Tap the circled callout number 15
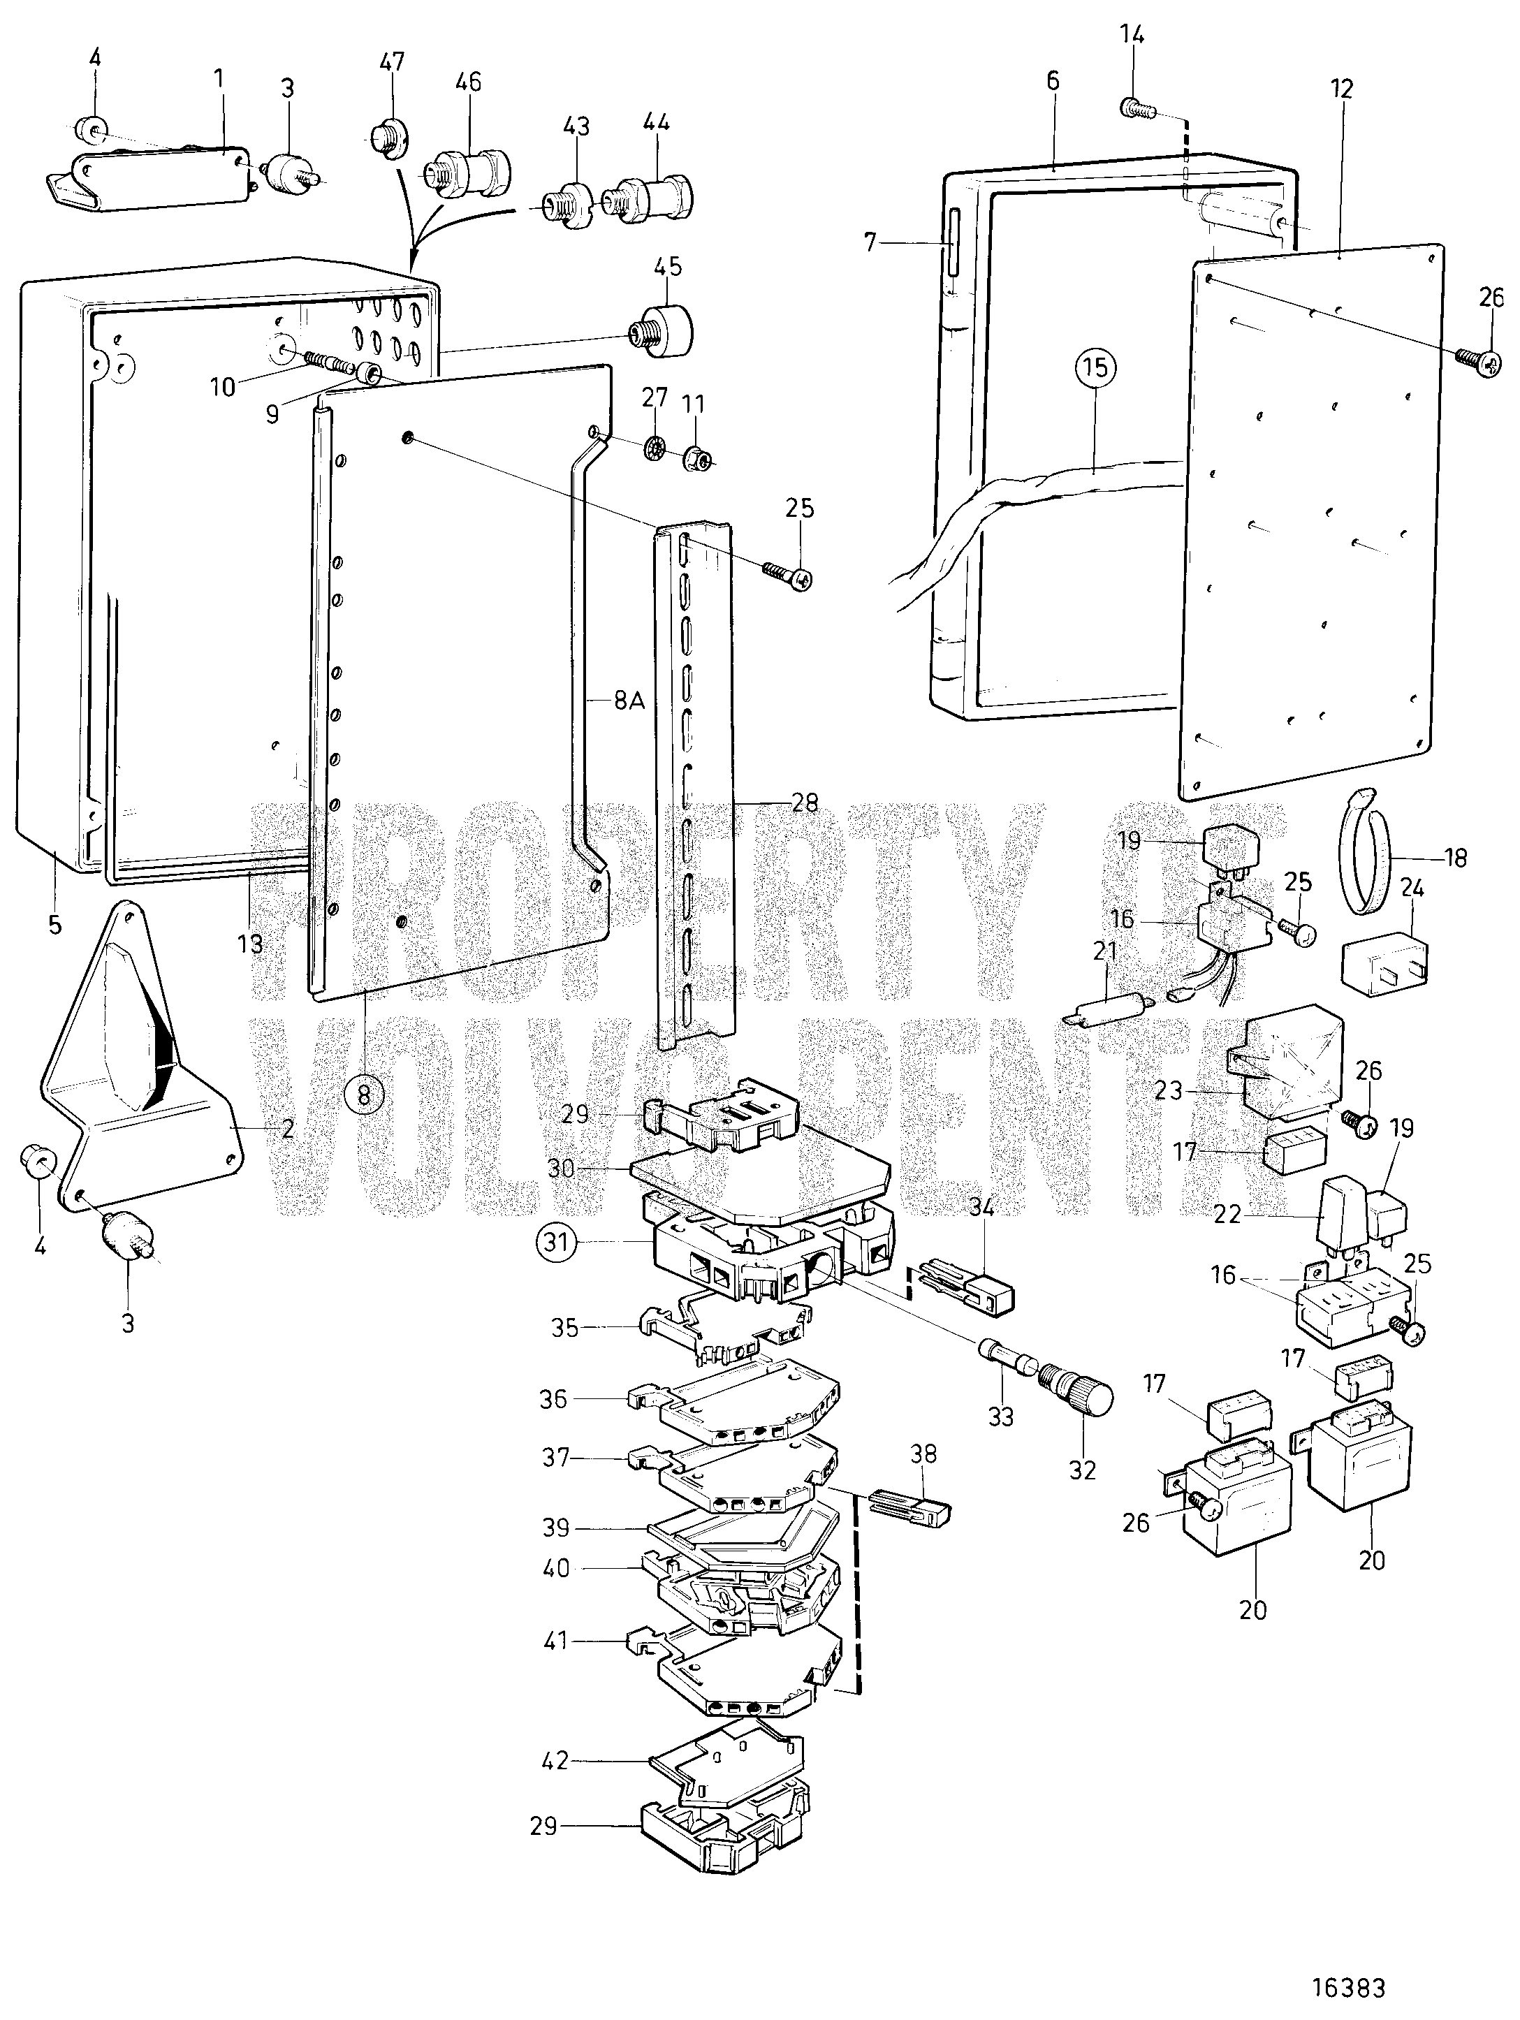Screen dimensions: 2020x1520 coord(1095,368)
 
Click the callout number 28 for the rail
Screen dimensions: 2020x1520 coord(805,803)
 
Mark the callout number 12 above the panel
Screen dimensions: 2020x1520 coord(1342,89)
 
